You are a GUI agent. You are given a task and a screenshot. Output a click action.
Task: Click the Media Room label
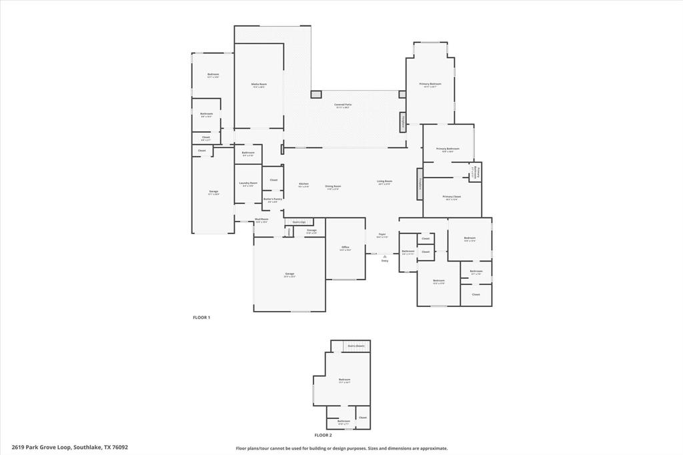point(259,84)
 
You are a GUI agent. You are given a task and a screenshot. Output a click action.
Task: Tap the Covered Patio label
point(343,105)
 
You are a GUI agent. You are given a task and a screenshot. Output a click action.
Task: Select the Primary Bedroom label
point(430,84)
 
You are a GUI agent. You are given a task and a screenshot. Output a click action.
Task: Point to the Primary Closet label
point(452,197)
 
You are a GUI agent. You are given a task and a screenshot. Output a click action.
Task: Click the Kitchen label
point(303,184)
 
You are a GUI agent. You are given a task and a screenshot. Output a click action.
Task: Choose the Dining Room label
point(333,187)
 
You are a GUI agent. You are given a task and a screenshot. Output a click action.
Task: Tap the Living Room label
point(385,181)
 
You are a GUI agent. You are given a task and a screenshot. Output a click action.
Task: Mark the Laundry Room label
point(248,183)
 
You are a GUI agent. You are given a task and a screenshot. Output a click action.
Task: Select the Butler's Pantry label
point(273,199)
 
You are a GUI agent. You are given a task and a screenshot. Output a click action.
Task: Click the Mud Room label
point(261,219)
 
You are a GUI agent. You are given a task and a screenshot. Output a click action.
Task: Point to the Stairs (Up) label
point(299,222)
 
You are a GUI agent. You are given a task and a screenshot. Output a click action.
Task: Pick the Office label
point(346,248)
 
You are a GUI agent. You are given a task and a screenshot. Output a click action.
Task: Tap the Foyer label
point(382,235)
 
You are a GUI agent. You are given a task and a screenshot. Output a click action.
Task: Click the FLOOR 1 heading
point(201,318)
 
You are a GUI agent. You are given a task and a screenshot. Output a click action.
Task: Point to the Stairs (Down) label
point(356,346)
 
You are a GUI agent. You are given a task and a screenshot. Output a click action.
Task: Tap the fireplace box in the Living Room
point(420,183)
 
